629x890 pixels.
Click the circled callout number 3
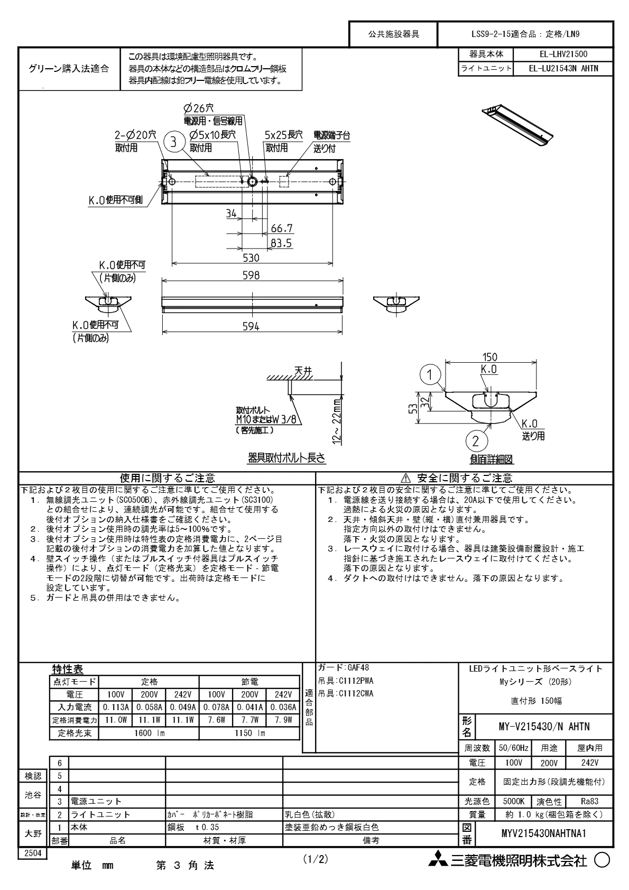(x=173, y=142)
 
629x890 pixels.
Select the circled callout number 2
(x=476, y=441)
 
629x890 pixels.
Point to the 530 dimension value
(x=251, y=258)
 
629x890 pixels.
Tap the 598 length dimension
(x=251, y=276)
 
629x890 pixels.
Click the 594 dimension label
(x=251, y=327)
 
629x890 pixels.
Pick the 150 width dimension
(x=489, y=357)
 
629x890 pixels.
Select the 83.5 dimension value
(x=281, y=243)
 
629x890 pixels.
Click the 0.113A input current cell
(x=116, y=707)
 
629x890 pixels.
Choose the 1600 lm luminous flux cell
(x=149, y=732)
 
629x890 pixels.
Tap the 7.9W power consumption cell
(x=283, y=720)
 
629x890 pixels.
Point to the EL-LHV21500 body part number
(x=563, y=54)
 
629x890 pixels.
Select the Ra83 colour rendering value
(x=589, y=801)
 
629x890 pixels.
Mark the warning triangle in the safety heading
(x=405, y=478)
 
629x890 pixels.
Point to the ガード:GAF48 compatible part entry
(x=344, y=667)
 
